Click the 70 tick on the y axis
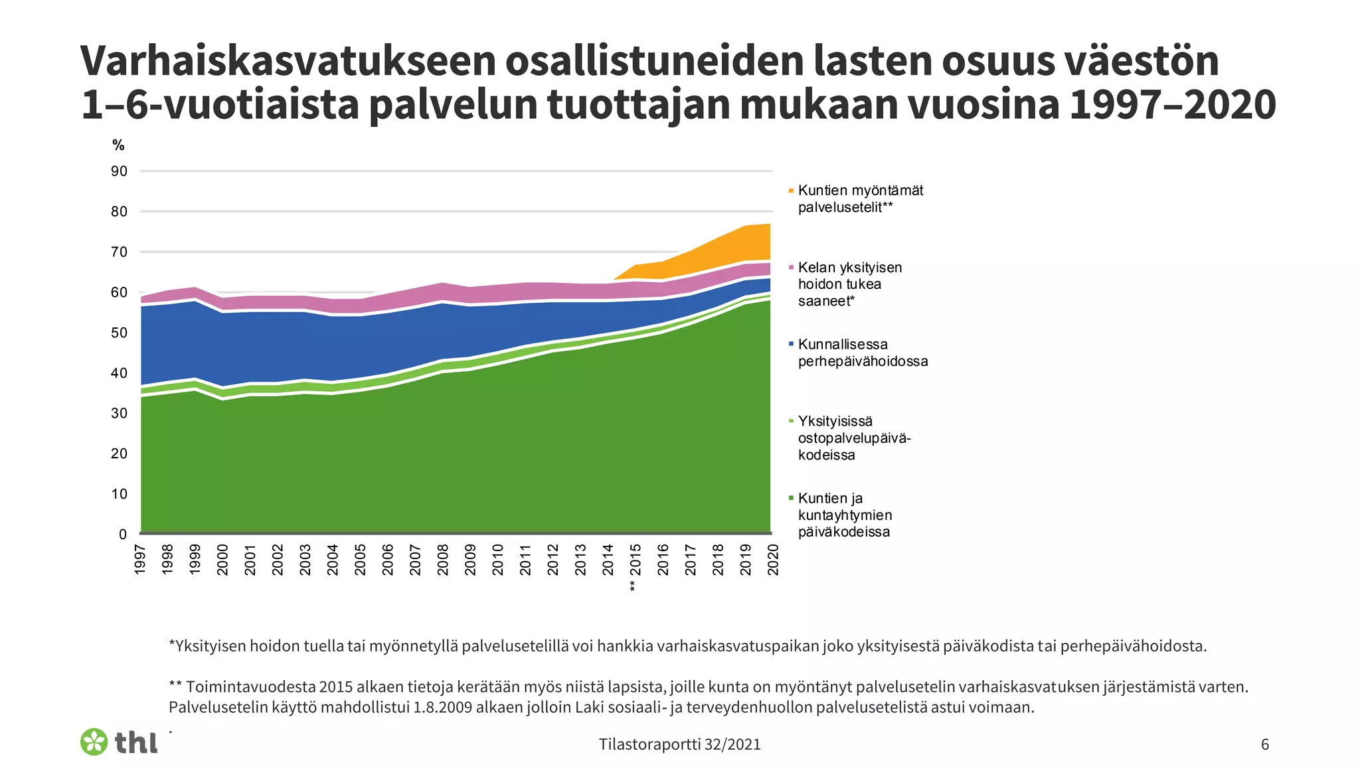point(119,252)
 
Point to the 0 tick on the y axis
point(122,535)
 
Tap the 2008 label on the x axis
point(443,560)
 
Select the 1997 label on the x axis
point(140,560)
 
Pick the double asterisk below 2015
point(633,586)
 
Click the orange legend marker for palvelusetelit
point(791,191)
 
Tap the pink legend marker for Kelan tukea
point(791,268)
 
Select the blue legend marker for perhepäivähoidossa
point(791,345)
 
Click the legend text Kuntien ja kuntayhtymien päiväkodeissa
point(845,515)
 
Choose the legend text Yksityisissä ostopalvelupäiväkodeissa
point(854,438)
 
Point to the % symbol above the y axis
point(118,145)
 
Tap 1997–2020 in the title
point(1172,105)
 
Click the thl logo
point(120,742)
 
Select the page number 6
point(1264,744)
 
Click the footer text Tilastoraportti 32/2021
point(679,744)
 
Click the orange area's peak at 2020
point(769,226)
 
